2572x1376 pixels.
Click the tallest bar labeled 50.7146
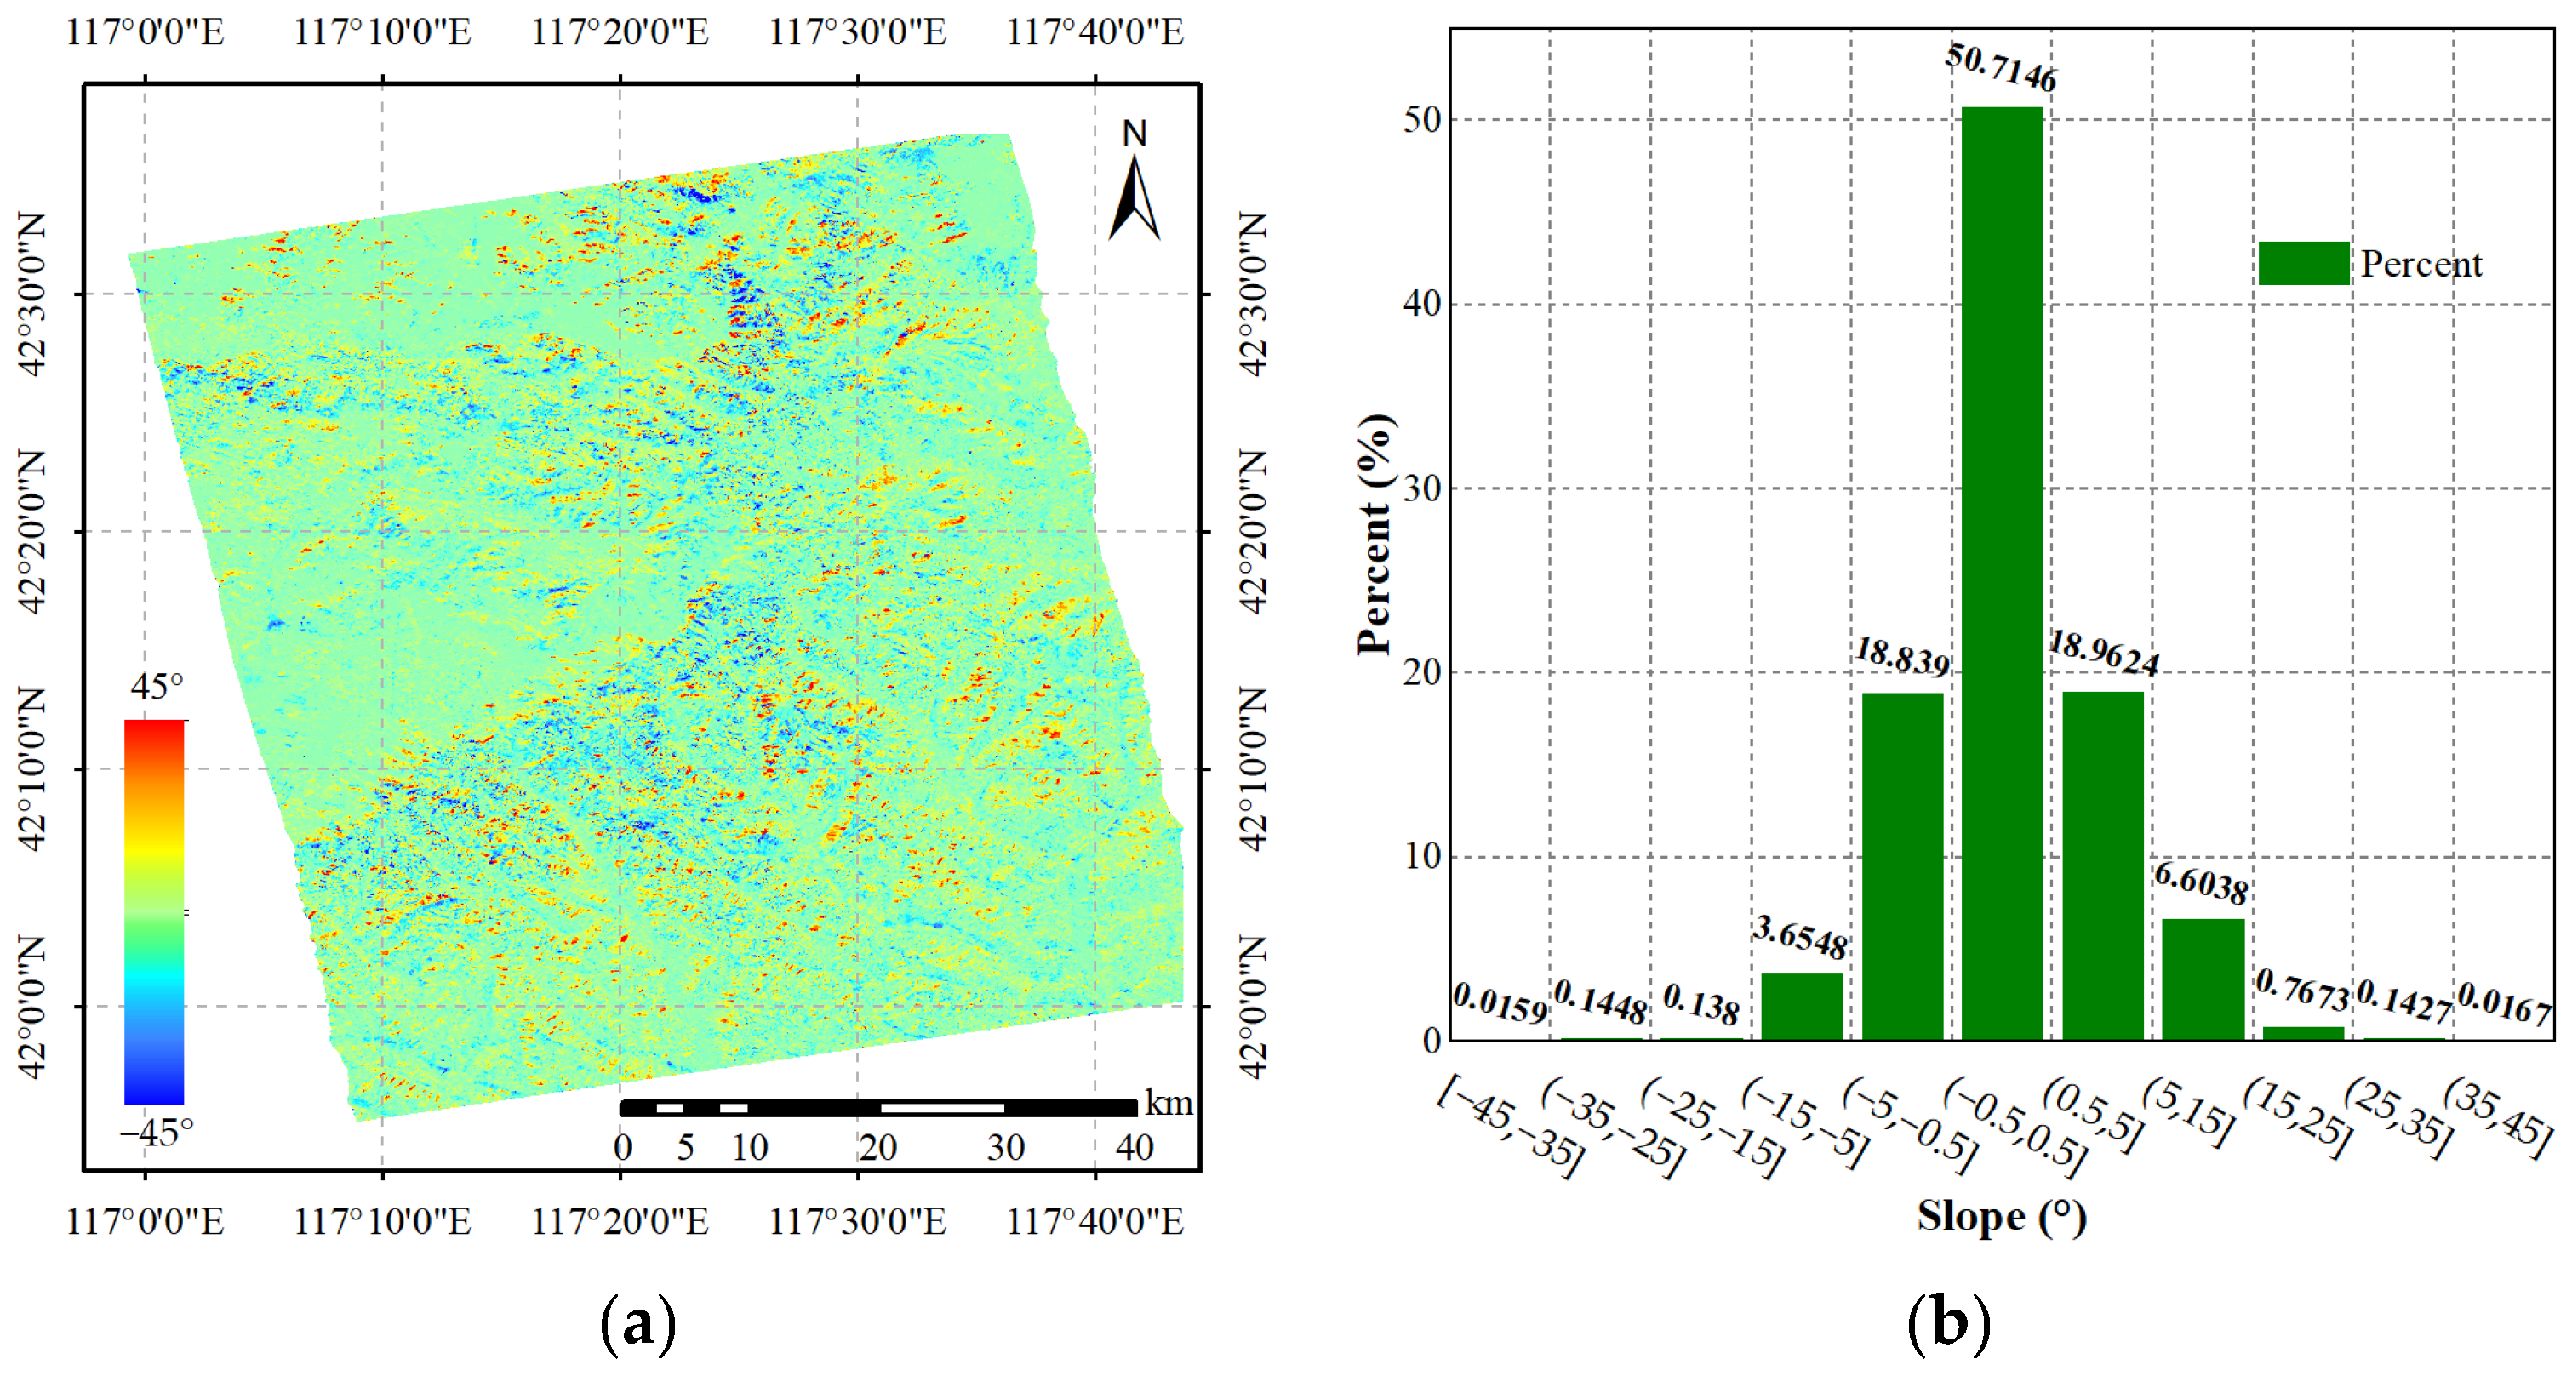click(2001, 574)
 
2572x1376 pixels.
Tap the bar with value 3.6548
click(1800, 1006)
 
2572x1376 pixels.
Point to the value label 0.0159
click(1500, 1002)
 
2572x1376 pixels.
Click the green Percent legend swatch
click(2302, 264)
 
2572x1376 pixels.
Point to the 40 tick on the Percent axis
click(1422, 304)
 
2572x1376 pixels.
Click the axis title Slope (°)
click(2001, 1217)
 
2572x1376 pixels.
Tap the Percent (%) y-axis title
click(1376, 534)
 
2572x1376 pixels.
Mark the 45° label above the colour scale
click(157, 687)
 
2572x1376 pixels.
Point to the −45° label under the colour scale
click(156, 1133)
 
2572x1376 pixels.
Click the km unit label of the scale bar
click(1169, 1104)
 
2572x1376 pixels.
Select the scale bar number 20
click(877, 1147)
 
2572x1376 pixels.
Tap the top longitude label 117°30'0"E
click(857, 32)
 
